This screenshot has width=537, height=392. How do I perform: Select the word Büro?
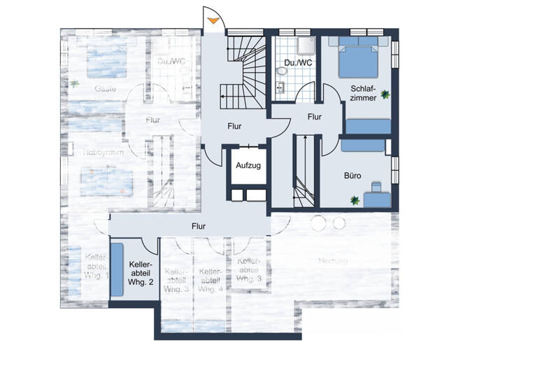[x=352, y=176]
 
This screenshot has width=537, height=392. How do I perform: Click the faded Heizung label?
[x=333, y=260]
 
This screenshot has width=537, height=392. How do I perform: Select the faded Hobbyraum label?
[x=103, y=151]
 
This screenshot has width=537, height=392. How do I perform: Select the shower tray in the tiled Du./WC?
[x=302, y=44]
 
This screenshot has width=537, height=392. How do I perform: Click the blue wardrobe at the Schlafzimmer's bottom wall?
[x=368, y=126]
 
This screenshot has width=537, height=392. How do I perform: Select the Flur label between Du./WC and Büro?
[x=315, y=117]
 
